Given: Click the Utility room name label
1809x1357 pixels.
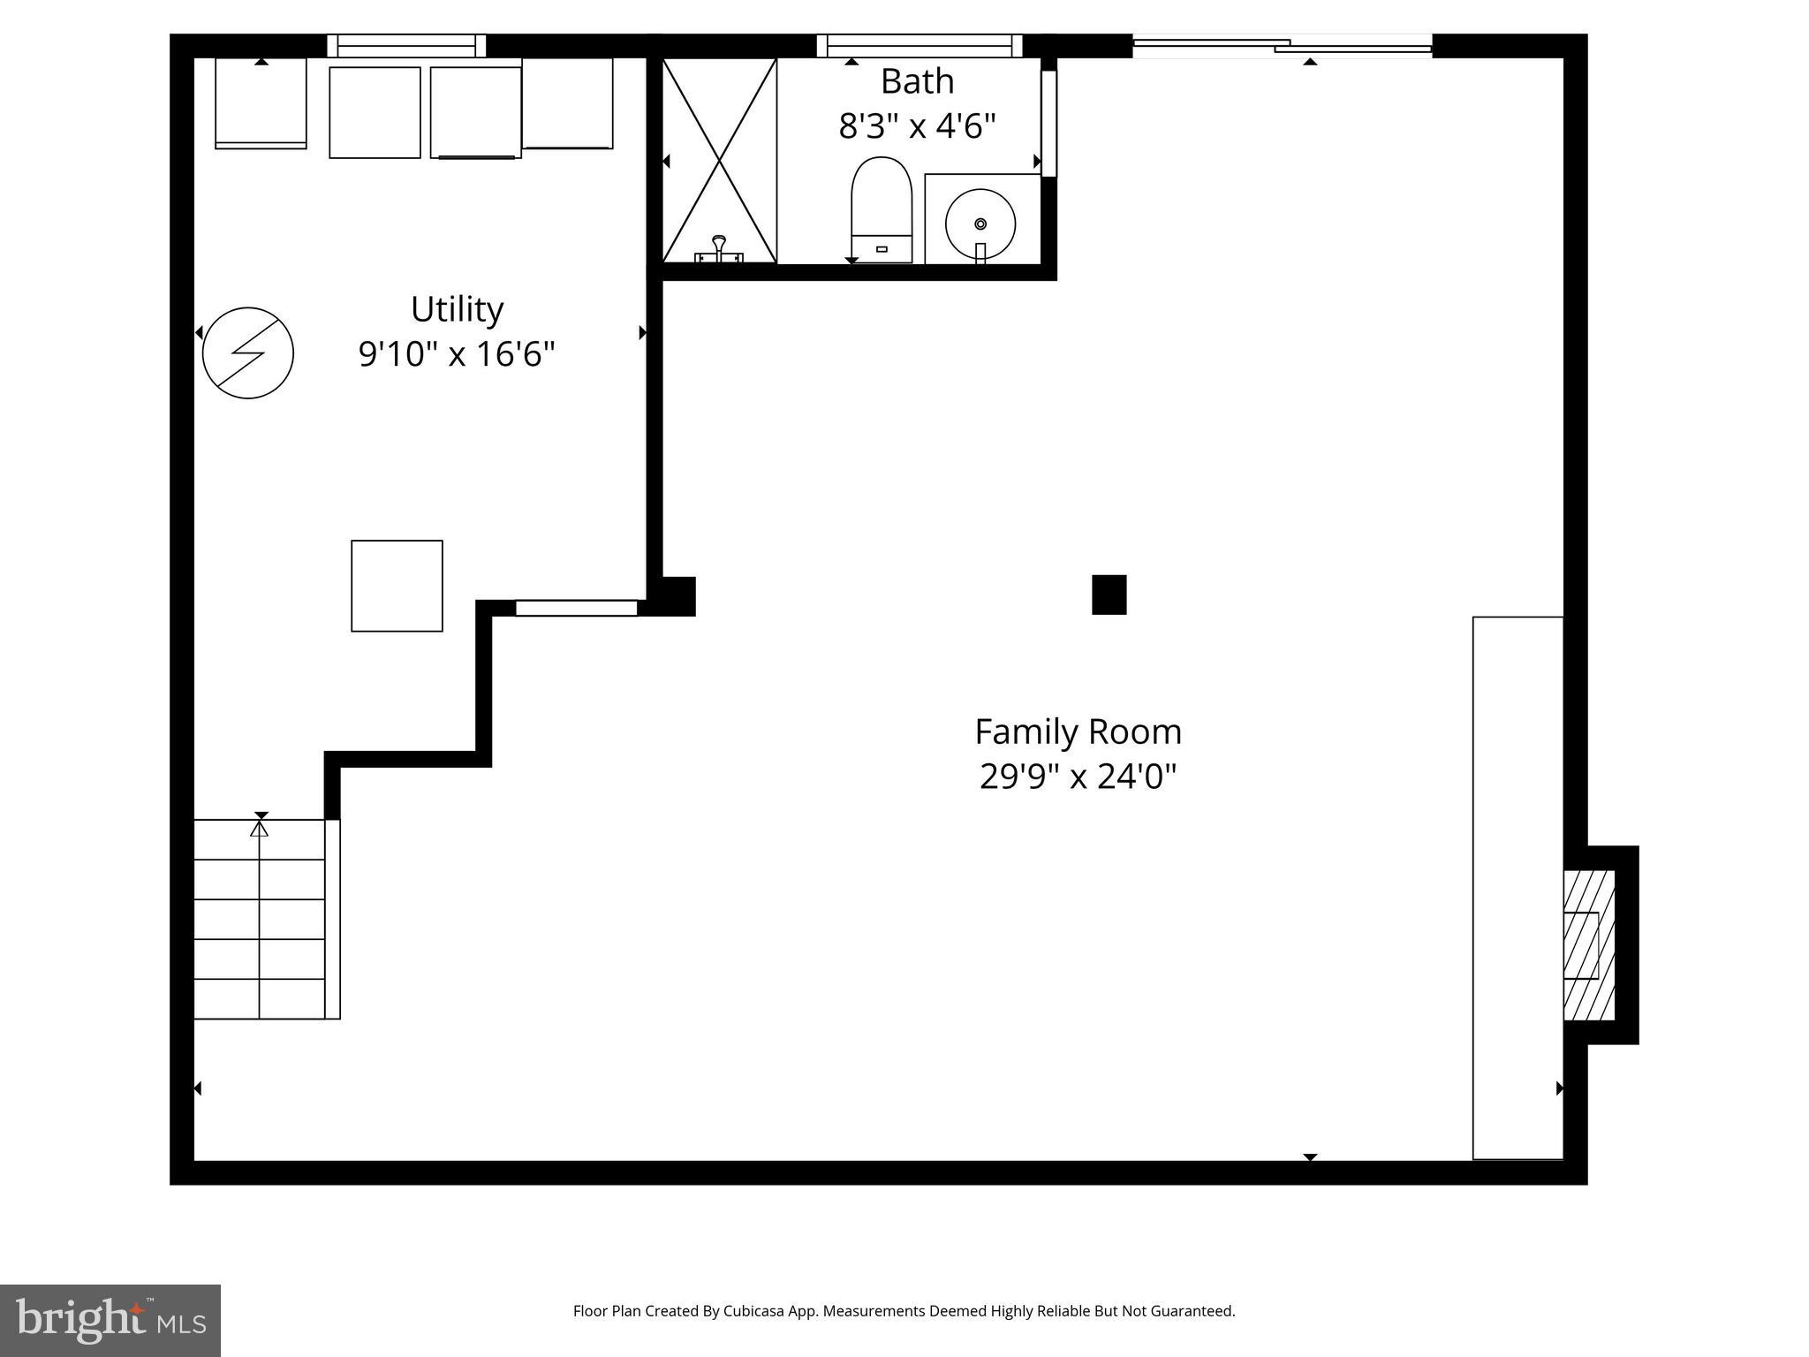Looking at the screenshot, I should pos(457,310).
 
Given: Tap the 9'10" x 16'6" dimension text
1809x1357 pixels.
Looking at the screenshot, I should pos(457,354).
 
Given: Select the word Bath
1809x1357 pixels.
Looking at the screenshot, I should pos(917,81).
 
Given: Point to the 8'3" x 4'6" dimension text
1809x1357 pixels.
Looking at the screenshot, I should pos(917,126).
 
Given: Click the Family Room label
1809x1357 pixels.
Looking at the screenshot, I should pos(1078,732).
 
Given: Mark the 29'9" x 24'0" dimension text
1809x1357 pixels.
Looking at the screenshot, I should pos(1078,777).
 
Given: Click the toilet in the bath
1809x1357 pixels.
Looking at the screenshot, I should pos(881,210).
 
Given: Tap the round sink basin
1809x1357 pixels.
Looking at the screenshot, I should pos(980,223).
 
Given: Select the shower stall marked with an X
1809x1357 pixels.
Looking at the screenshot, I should pos(719,161).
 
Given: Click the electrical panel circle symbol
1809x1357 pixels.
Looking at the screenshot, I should pos(247,353).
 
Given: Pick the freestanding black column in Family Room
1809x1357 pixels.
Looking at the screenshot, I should pos(1109,595).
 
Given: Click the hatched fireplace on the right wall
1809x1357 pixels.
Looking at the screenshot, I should pos(1588,945).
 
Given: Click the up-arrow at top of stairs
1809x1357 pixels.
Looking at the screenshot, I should pos(259,829).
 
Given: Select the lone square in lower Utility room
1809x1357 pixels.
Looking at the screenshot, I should pos(397,586).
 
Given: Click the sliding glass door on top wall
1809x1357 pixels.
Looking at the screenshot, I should pos(1281,46).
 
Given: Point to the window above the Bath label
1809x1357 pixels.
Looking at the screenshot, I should pos(919,45).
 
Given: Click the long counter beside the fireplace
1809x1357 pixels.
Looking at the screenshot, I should pos(1518,887).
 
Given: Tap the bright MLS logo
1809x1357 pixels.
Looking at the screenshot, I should pos(110,1320).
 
